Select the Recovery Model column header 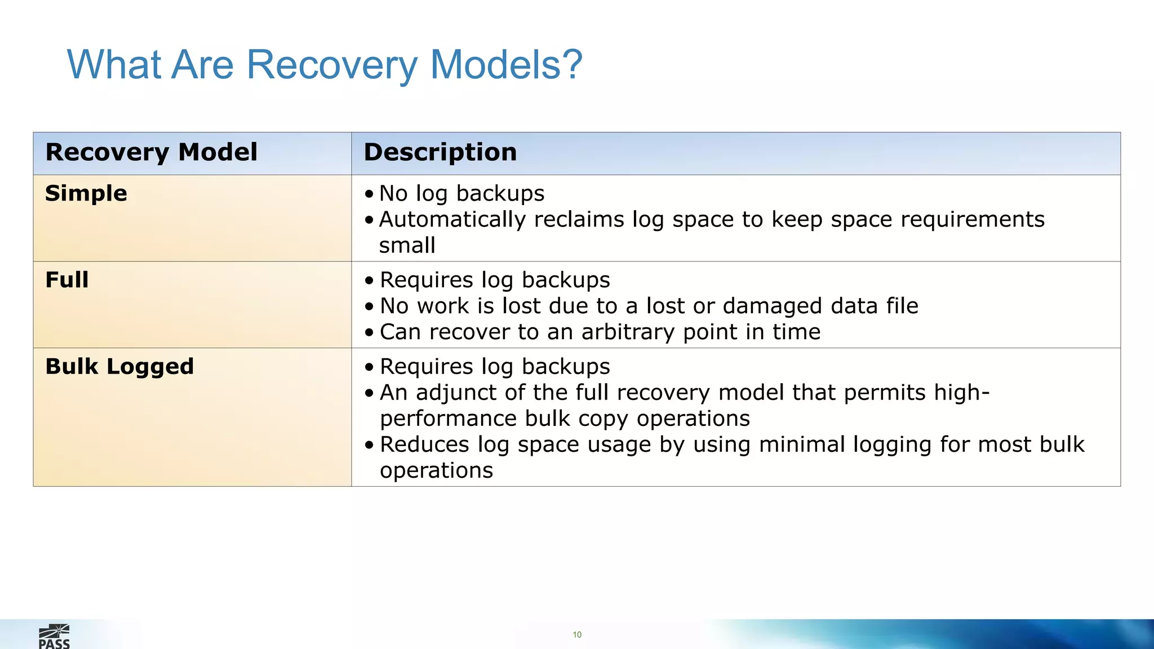151,152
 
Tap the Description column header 440,152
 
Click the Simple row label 86,193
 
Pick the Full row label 66,280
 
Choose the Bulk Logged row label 119,366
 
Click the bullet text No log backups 461,193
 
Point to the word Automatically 453,220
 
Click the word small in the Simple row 407,246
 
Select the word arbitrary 628,332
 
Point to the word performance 448,419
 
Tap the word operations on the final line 436,470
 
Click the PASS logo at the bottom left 54,637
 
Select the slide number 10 577,635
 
